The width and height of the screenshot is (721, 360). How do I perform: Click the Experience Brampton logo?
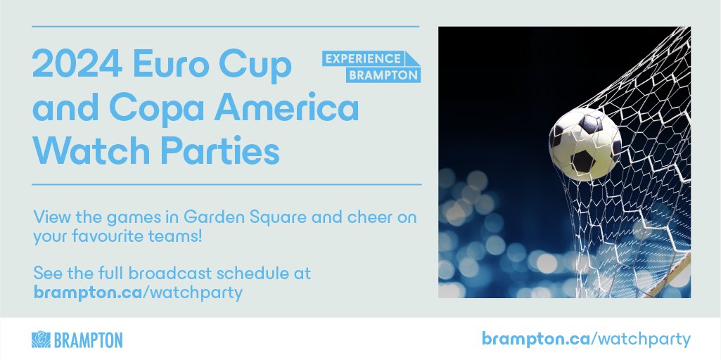point(371,67)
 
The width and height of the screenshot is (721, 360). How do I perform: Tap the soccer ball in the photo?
point(584,144)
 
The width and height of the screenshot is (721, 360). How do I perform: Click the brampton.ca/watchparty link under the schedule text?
point(138,292)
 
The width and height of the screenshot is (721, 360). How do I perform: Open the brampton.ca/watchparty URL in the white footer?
point(586,339)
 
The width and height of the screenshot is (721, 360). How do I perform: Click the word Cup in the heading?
point(254,67)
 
